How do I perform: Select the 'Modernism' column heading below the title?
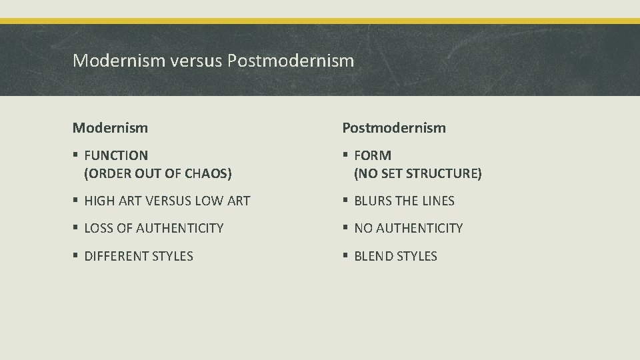(x=110, y=127)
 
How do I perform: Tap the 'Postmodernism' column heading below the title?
(x=394, y=127)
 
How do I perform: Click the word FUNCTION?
(x=116, y=155)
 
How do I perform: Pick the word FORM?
(x=373, y=155)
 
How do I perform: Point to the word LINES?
(x=438, y=201)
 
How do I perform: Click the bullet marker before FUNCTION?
(x=76, y=156)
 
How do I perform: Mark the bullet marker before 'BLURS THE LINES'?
(x=345, y=201)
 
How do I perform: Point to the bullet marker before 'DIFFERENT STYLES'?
(x=76, y=257)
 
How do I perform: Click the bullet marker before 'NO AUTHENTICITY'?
(x=345, y=229)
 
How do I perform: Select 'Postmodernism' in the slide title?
(x=291, y=61)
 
